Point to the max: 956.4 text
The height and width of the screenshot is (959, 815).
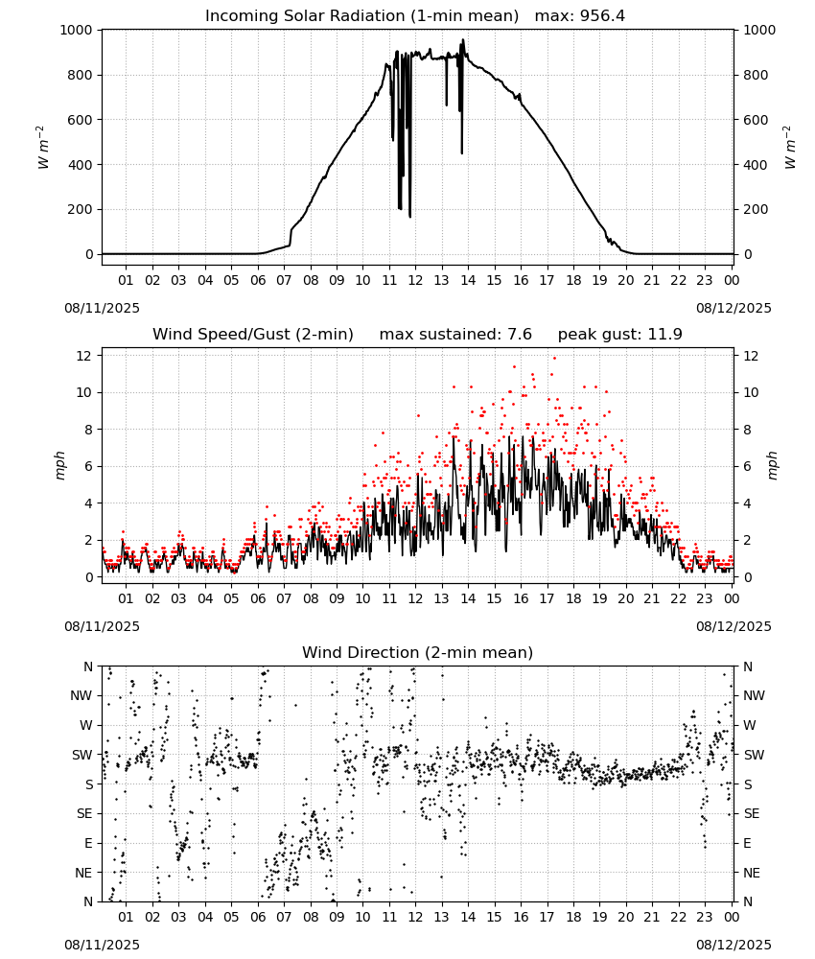coord(580,16)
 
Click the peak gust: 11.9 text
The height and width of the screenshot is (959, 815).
coord(619,335)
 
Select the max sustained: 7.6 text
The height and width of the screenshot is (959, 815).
coord(455,335)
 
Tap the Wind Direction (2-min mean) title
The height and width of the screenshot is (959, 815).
coord(418,652)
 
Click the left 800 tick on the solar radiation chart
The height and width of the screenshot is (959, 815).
coord(80,75)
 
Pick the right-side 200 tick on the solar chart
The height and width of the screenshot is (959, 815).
coord(756,209)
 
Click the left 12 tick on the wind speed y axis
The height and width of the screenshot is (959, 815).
coord(84,356)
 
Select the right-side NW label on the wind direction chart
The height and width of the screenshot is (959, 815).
coord(754,695)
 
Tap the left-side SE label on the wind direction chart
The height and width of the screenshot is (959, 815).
coord(84,813)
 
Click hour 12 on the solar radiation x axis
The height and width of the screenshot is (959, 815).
coord(415,280)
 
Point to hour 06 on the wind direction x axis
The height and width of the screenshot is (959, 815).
coord(257,917)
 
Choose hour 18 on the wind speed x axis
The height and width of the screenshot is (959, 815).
coord(572,598)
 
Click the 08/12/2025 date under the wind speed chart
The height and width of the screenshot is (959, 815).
coord(733,626)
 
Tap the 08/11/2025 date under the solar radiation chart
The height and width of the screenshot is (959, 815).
coord(102,308)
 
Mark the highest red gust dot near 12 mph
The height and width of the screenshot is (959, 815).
coord(554,358)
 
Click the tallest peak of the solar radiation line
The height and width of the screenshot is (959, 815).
coord(463,40)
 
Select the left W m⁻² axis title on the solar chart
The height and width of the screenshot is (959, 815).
coord(43,148)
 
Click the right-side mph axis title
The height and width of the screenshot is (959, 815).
coord(772,466)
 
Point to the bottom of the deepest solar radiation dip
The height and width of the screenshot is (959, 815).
coord(409,217)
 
